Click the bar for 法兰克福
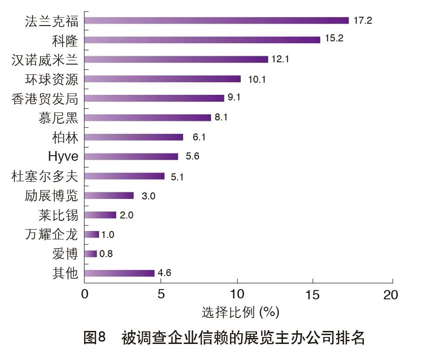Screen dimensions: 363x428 pos(217,20)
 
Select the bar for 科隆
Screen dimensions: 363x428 pos(202,40)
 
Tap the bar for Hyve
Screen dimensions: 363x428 pos(131,157)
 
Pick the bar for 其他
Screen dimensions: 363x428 pos(119,273)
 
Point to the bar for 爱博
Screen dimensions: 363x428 pos(91,254)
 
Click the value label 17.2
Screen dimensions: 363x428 pos(363,20)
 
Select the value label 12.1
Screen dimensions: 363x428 pos(280,59)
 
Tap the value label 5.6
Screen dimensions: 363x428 pos(192,157)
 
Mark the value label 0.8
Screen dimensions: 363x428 pos(106,254)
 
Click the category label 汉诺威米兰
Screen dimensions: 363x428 pos(45,59)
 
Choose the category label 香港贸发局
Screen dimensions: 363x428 pos(45,99)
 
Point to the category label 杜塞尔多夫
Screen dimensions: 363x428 pos(45,176)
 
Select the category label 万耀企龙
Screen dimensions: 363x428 pos(52,234)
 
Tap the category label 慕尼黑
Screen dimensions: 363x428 pos(58,118)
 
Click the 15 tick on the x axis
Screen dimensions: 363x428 pos(313,295)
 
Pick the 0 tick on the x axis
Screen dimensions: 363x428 pos(85,295)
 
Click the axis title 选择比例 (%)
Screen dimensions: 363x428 pos(240,312)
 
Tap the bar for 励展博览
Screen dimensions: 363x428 pos(109,196)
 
